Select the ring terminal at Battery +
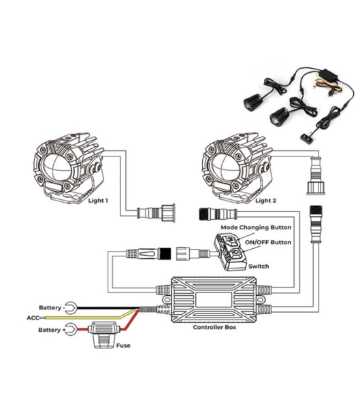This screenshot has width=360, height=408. point(71,330)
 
